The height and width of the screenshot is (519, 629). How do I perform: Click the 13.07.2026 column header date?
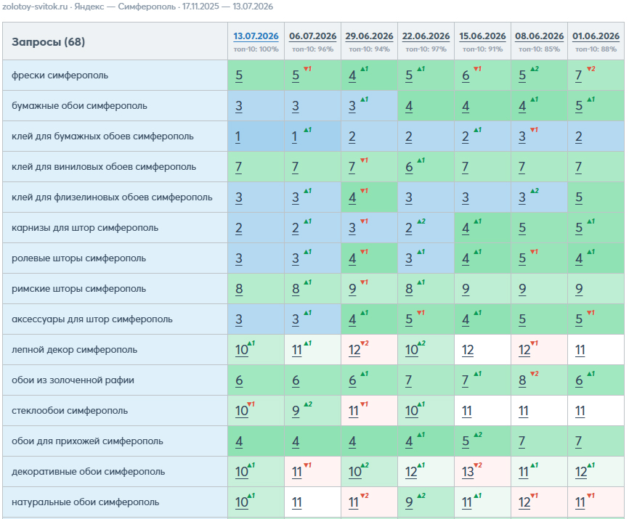click(256, 36)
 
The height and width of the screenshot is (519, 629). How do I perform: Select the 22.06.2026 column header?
click(426, 36)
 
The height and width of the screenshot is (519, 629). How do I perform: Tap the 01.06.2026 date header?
click(596, 36)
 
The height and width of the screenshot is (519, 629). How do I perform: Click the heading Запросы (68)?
click(48, 41)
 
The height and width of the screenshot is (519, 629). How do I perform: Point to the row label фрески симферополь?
click(60, 75)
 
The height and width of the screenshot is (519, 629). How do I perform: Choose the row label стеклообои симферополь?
click(70, 410)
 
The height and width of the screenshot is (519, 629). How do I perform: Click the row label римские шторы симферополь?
click(78, 289)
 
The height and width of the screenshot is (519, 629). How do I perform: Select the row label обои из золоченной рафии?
click(73, 380)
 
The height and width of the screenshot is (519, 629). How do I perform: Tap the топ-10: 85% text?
click(539, 49)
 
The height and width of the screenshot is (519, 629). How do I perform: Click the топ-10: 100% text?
click(256, 49)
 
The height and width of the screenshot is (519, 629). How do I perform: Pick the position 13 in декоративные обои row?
click(468, 472)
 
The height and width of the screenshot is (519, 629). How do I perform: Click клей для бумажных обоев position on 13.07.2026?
click(238, 136)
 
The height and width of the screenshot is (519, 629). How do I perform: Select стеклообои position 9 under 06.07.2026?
click(296, 411)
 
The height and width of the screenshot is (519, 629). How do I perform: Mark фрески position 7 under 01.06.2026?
click(578, 75)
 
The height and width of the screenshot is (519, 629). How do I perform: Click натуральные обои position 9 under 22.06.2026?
click(409, 502)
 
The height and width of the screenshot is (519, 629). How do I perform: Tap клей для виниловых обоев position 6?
click(409, 167)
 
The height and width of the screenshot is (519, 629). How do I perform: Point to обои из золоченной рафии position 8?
click(522, 380)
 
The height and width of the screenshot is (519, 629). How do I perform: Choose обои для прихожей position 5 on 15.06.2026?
click(466, 441)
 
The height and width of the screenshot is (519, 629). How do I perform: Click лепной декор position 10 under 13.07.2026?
click(241, 350)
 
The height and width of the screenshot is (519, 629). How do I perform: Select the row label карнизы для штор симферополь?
click(85, 228)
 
